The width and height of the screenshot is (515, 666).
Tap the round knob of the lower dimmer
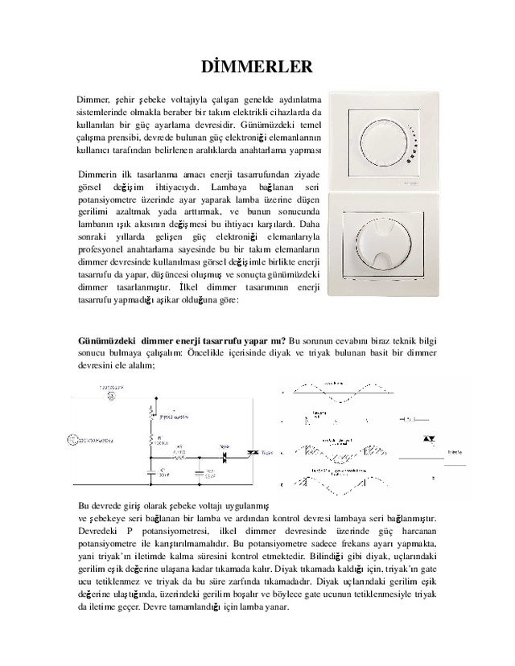(x=389, y=240)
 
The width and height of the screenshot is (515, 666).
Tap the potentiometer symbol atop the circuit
(x=150, y=413)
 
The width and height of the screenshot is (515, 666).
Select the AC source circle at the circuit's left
(x=71, y=439)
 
